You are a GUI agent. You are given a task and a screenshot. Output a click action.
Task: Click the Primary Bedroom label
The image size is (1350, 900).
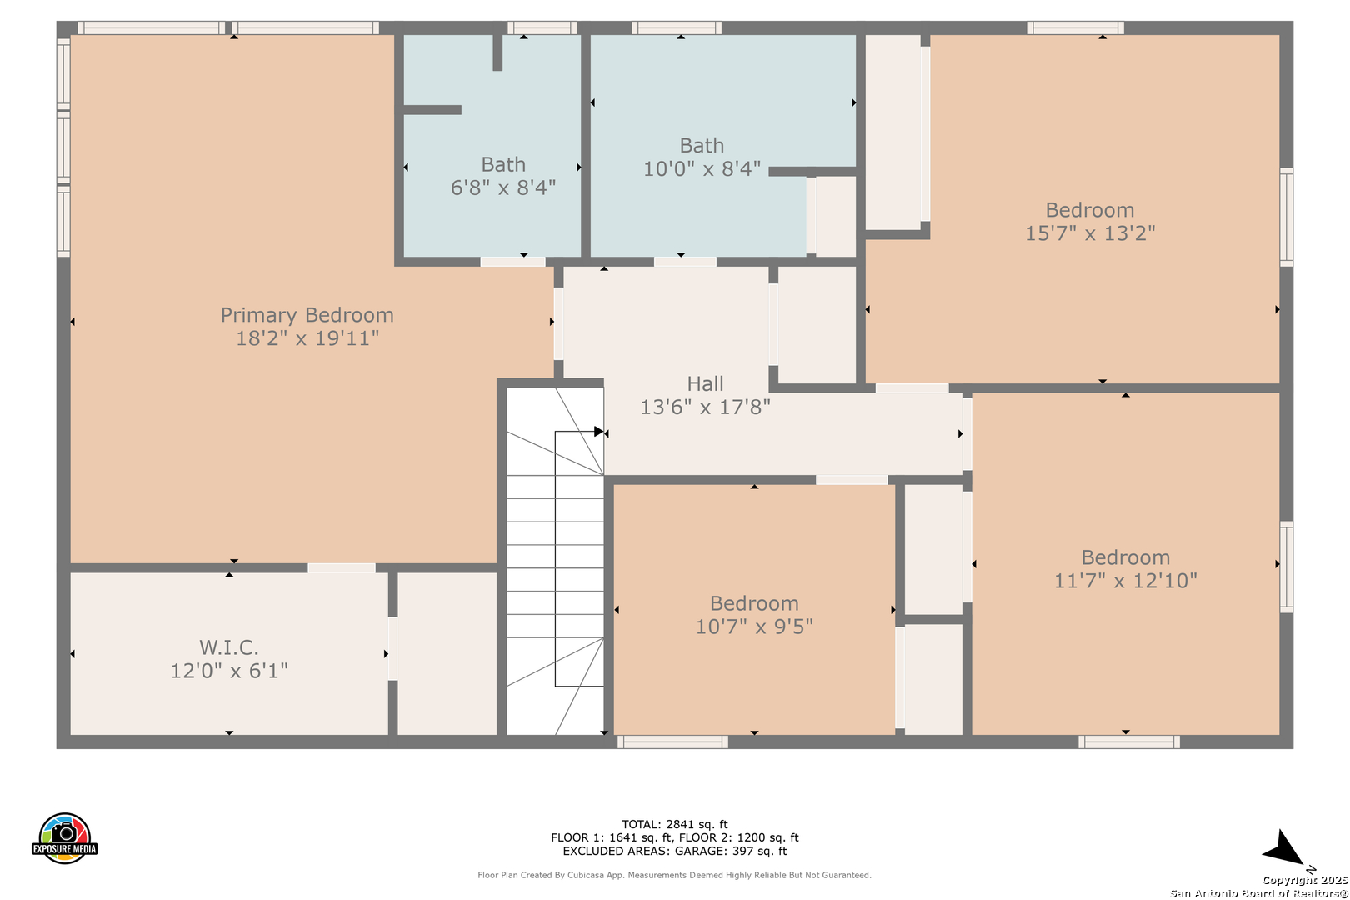[307, 315]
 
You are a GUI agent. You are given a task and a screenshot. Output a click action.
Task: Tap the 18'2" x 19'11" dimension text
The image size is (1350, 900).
[307, 338]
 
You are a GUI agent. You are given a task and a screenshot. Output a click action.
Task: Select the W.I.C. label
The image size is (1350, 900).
[229, 647]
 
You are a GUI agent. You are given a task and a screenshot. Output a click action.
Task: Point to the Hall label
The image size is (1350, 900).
[705, 383]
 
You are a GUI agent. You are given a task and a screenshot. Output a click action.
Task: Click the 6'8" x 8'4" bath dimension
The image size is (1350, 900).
[503, 187]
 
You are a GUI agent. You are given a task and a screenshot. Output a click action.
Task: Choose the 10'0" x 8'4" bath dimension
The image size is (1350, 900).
[702, 169]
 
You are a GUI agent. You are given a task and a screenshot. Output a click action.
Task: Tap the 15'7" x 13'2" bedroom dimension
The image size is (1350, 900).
[1090, 232]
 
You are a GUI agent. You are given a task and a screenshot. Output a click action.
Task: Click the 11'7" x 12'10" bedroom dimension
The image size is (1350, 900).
[1125, 581]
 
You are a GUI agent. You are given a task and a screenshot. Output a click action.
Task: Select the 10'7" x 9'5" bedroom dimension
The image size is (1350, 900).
[754, 627]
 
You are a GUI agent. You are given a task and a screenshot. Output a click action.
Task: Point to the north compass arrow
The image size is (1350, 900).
[1283, 849]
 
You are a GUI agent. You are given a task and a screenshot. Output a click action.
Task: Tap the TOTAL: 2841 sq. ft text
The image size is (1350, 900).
[674, 824]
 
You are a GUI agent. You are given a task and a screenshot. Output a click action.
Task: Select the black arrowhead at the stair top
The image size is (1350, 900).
[598, 432]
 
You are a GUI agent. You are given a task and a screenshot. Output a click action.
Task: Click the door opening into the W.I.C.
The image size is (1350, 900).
[342, 567]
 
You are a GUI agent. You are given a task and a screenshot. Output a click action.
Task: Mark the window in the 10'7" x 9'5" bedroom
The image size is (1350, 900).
[672, 742]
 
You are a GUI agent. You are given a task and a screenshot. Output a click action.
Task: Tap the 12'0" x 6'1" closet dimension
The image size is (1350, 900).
[229, 671]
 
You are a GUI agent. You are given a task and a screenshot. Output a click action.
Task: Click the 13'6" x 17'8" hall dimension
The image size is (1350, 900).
[705, 407]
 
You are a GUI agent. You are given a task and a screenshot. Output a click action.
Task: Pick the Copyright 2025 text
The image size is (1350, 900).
[1305, 880]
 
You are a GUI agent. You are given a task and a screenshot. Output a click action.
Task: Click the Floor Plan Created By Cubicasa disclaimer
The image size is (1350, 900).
[674, 875]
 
